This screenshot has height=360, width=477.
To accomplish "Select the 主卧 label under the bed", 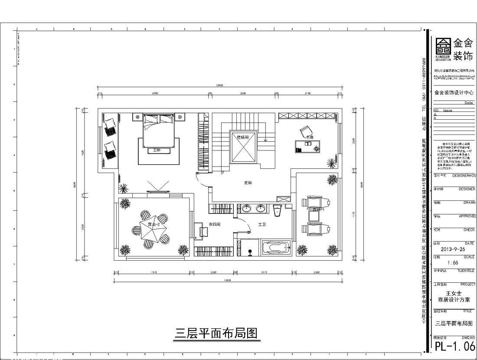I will (x=157, y=151).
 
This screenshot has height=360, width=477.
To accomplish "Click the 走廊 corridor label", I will (x=248, y=183).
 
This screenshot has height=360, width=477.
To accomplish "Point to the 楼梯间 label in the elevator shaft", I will (x=243, y=137).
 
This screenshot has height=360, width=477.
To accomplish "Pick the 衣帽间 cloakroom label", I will (x=215, y=225).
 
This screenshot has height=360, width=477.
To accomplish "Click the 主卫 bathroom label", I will (x=262, y=225).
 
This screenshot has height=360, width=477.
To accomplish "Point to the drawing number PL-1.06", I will (x=454, y=346).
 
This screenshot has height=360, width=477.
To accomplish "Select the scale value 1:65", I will (x=452, y=263).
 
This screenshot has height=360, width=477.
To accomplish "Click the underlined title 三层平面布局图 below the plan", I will (x=216, y=333).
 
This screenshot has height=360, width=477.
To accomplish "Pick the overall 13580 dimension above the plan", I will (x=219, y=85).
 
